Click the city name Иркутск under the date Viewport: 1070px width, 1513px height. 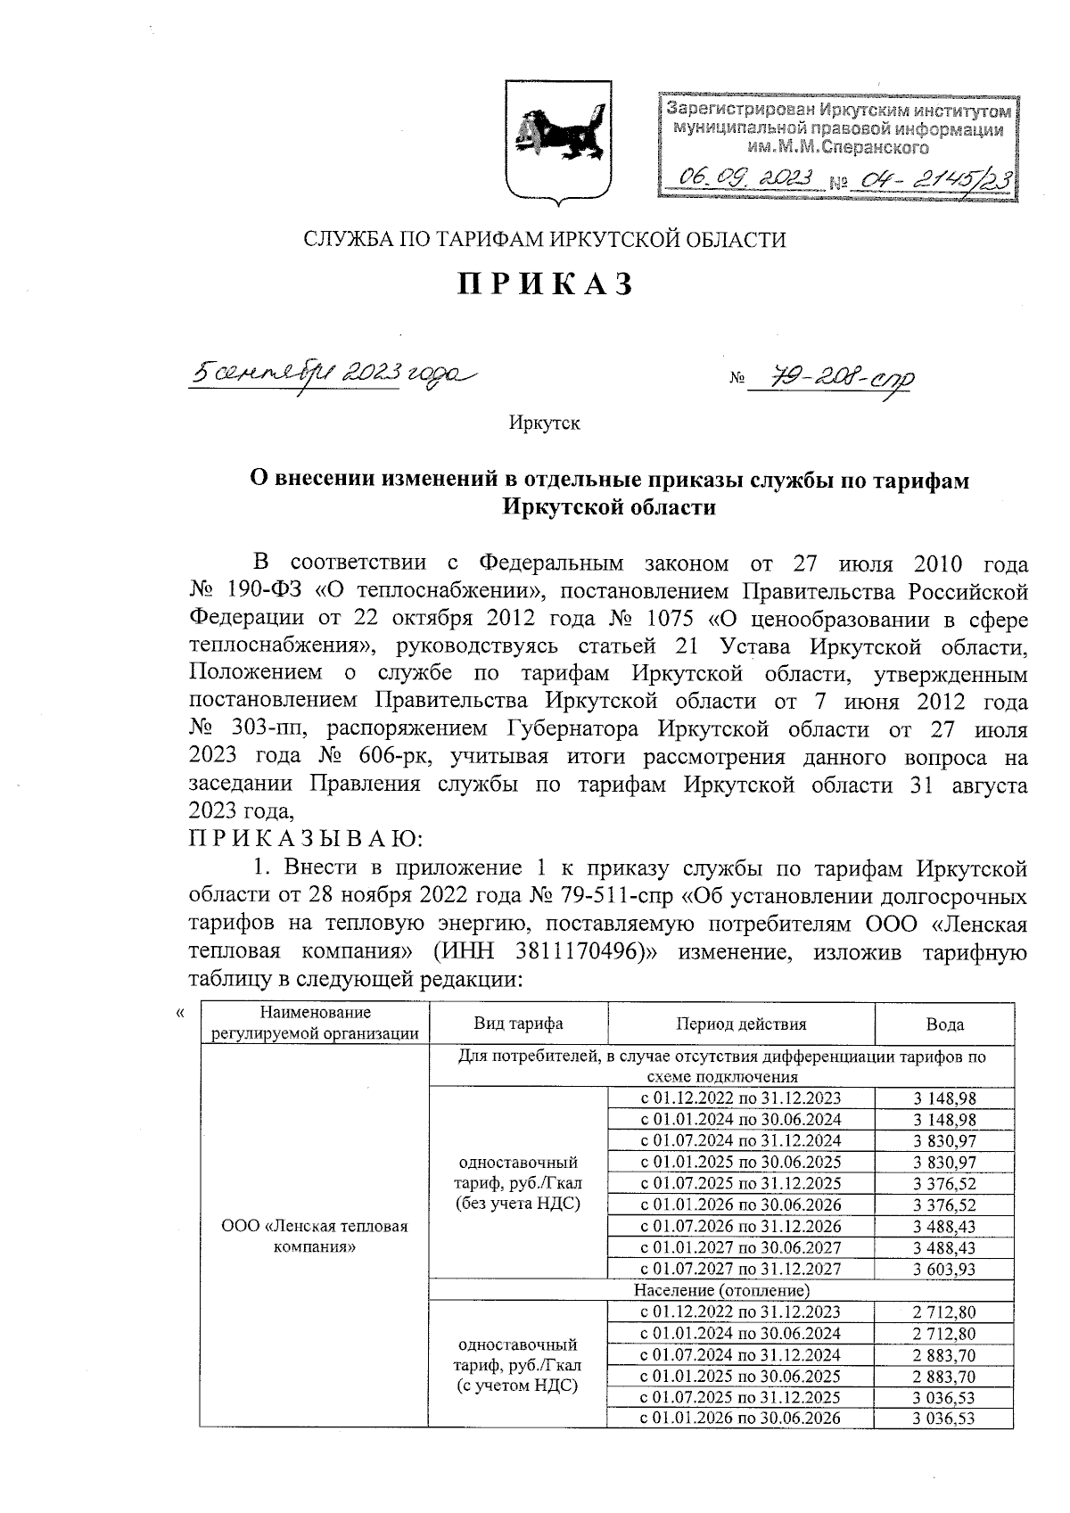[544, 423]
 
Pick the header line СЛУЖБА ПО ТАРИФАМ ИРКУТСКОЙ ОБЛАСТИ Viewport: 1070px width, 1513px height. [545, 239]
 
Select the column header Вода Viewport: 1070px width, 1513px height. [944, 1024]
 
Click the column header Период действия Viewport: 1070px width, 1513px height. [740, 1024]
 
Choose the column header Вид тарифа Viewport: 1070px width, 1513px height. [518, 1024]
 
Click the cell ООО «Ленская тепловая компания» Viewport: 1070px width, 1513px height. [314, 1237]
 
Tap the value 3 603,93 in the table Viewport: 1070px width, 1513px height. [944, 1269]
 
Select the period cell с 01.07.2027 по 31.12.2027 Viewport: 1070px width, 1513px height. [740, 1269]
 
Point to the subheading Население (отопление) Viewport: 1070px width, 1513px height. [720, 1290]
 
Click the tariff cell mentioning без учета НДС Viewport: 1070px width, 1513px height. [518, 1183]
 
